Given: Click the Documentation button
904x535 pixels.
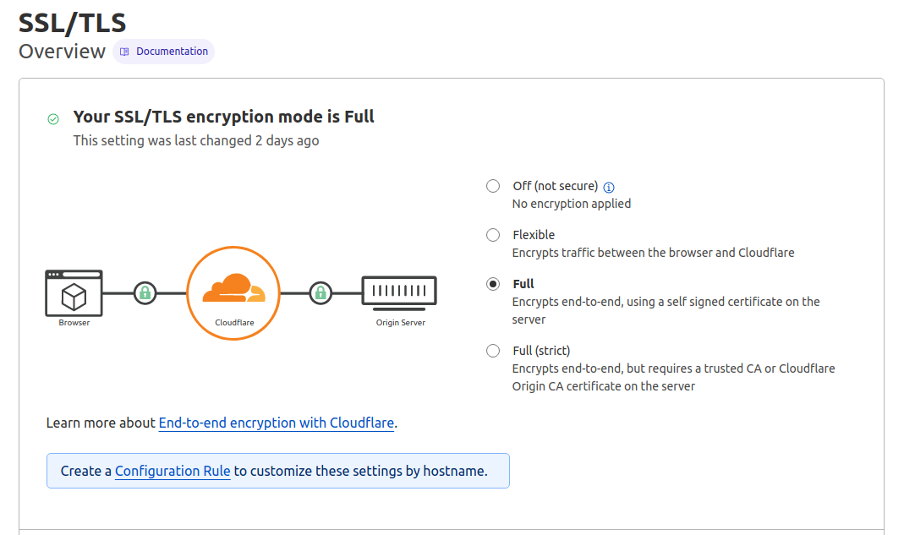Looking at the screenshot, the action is (164, 52).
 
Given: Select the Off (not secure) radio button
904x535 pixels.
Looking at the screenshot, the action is (493, 186).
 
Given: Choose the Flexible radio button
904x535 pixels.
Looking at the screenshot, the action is (493, 235).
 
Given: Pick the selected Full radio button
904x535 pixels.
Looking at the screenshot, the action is (493, 284).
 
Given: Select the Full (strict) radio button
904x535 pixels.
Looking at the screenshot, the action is (493, 351).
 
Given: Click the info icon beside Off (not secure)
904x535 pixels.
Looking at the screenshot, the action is (609, 187).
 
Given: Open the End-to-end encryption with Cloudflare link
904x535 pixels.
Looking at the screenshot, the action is (277, 423).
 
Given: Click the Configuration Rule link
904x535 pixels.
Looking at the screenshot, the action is (173, 471).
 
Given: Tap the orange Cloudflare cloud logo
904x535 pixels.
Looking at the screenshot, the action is (233, 289).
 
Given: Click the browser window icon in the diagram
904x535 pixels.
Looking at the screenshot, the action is (74, 292).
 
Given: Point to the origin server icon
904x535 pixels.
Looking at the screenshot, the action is (399, 291).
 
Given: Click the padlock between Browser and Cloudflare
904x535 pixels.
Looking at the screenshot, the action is (145, 293).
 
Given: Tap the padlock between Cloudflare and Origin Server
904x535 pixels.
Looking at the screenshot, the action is (321, 293).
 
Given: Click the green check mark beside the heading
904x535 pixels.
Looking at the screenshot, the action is (53, 119).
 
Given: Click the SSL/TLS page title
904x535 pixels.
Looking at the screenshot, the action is (72, 21).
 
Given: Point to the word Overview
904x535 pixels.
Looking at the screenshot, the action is (62, 52).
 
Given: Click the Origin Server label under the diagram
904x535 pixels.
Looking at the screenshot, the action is (401, 323).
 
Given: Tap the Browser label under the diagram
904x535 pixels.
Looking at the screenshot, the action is (74, 323).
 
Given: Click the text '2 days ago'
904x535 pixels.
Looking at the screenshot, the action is (287, 140).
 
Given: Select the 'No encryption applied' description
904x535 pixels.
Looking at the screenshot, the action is (572, 204).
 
